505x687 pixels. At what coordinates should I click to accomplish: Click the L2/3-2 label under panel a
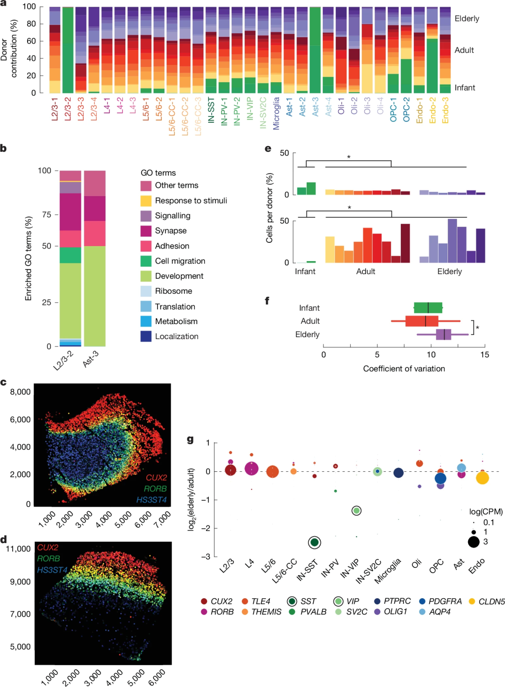coord(68,109)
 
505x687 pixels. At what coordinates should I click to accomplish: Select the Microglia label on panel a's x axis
coord(276,113)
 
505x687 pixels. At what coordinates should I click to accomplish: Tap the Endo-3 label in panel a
coord(445,111)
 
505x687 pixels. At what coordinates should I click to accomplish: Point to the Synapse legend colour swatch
coord(146,231)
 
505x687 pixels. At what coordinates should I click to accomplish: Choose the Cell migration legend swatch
coord(146,261)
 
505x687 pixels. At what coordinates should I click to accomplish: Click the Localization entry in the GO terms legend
coord(176,336)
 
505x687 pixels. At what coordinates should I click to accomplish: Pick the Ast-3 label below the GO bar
coord(91,359)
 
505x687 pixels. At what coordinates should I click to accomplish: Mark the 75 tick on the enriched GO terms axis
coord(46,214)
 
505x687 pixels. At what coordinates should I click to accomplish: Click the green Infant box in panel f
coord(428,308)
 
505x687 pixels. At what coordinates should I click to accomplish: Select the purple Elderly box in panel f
coord(443,334)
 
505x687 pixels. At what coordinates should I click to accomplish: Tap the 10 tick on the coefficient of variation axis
coord(431,354)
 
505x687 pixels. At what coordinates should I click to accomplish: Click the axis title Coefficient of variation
coord(404,368)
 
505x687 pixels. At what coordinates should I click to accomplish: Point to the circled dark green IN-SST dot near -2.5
coord(315,542)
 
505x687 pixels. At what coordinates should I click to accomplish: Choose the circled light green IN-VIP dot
coord(356,511)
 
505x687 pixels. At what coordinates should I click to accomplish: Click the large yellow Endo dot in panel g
coord(482,478)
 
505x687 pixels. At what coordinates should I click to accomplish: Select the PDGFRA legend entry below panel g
coord(445,601)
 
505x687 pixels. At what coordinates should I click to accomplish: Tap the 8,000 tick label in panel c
coord(20,392)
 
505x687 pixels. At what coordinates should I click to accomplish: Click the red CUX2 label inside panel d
coord(48,547)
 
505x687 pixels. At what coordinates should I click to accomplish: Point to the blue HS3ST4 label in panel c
coord(151,500)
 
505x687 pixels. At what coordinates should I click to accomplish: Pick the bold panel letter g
coord(190,439)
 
